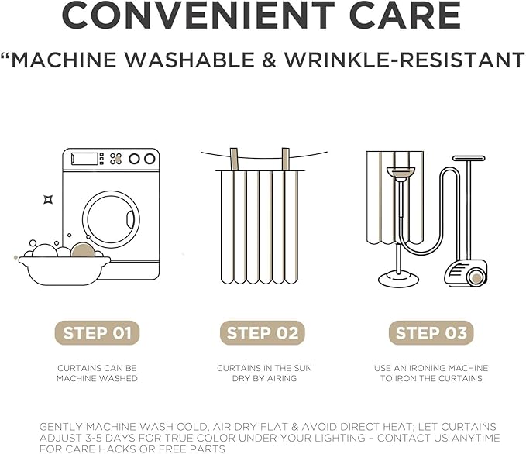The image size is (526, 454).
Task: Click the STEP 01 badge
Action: tap(97, 333)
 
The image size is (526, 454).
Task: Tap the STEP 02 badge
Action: tap(263, 333)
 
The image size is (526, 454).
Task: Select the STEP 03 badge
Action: tap(431, 333)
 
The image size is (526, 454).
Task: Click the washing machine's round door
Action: tap(111, 219)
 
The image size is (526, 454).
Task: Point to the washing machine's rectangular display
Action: tap(84, 159)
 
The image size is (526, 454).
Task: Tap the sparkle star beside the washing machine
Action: tap(48, 200)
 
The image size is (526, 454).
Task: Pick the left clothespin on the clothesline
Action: tap(234, 160)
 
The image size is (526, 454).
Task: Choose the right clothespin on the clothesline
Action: tap(286, 160)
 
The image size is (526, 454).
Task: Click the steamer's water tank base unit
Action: tap(466, 273)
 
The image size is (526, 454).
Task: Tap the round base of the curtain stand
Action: tap(398, 279)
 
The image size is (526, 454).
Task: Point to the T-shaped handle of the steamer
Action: tap(469, 158)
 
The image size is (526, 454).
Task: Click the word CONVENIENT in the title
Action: tap(198, 15)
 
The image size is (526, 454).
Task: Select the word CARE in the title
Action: tap(405, 15)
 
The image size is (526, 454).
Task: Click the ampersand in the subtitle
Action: tap(270, 60)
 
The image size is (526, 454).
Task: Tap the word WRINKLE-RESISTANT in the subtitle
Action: tap(404, 60)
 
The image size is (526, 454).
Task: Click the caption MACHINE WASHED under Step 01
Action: tap(97, 378)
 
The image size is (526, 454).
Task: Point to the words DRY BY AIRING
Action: tap(264, 378)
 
